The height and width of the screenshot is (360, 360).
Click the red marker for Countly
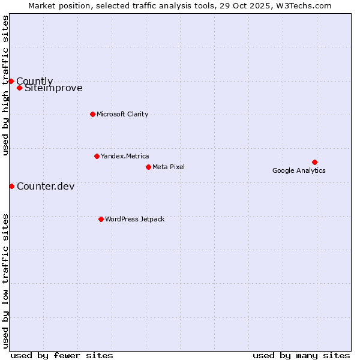[x=11, y=81]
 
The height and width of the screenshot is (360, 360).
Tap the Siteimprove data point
[x=19, y=88]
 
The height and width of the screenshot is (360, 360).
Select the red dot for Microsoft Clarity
[x=92, y=114]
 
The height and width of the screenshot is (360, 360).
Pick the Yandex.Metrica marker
[x=97, y=156]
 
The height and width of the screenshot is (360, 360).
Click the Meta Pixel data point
[x=148, y=167]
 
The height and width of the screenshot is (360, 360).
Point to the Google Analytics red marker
[x=314, y=162]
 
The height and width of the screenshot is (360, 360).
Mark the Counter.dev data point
[x=11, y=186]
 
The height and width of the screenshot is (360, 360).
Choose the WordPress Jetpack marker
[x=101, y=219]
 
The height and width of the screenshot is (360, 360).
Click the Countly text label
[x=34, y=81]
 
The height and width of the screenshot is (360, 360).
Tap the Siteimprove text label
[x=53, y=88]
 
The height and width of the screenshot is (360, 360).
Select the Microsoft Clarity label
[x=122, y=114]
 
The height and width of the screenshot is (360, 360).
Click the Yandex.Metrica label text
[x=125, y=156]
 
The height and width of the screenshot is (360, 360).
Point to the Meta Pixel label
[x=169, y=167]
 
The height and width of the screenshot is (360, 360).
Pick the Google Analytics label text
[x=299, y=170]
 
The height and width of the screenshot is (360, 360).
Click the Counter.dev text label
[x=46, y=186]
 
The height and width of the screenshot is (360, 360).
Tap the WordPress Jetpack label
[x=134, y=219]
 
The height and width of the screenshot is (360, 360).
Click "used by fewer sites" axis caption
[x=62, y=355]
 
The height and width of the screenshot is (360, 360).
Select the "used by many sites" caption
[x=301, y=355]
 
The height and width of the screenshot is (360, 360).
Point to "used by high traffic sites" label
[x=5, y=86]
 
